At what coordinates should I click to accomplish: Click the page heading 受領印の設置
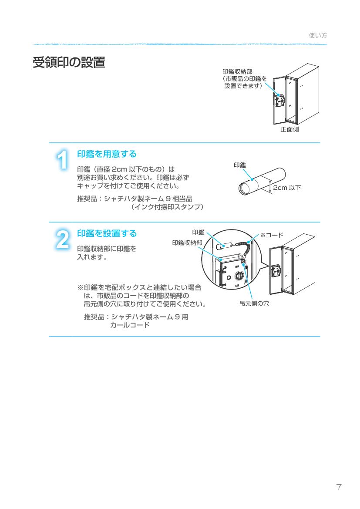(x=69, y=63)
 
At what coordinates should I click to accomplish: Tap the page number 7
(x=339, y=487)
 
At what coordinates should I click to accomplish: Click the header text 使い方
(x=318, y=36)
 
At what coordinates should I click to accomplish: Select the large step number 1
(x=63, y=160)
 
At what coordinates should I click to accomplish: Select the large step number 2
(x=63, y=239)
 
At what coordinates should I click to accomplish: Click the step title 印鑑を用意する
(x=107, y=154)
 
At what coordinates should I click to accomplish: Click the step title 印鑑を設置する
(x=107, y=233)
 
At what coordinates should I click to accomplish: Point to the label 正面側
(x=289, y=129)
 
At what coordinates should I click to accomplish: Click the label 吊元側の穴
(x=254, y=303)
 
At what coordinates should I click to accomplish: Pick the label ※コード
(x=272, y=235)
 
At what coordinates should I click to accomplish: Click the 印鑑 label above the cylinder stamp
(x=239, y=165)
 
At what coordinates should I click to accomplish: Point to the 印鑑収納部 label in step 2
(x=187, y=243)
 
